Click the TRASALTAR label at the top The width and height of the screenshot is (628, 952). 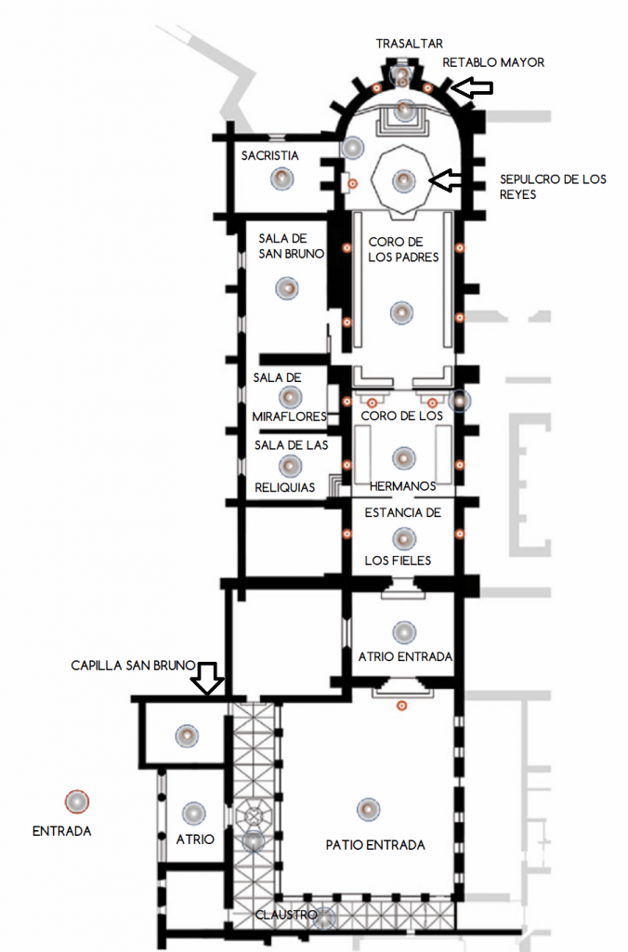coord(409,44)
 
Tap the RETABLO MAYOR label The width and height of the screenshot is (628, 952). coord(493,62)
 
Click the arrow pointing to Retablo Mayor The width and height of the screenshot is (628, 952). coord(474,88)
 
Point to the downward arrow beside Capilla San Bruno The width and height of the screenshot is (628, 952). coord(207,678)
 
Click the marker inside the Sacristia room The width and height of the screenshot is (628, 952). coord(281,179)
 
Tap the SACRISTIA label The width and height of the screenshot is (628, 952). coord(270,155)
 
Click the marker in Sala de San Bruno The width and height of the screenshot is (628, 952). coord(287,288)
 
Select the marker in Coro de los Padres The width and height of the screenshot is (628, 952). coord(401,312)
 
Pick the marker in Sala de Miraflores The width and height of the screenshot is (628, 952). coord(290,398)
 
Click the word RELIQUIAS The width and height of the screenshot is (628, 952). coord(284,487)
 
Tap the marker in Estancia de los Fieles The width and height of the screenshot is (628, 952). coord(404,538)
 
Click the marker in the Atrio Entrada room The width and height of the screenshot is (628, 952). coord(404,632)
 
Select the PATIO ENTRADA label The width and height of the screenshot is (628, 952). coord(375,845)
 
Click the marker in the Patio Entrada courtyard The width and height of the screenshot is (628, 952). coord(368,810)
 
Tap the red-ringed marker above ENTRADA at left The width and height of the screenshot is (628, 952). coord(77,801)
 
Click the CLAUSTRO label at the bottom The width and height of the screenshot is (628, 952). coord(286,915)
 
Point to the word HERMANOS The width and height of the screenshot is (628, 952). coord(403,486)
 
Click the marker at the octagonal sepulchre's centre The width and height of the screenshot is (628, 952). coord(404,180)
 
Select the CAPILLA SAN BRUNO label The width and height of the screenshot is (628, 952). coord(133,666)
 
